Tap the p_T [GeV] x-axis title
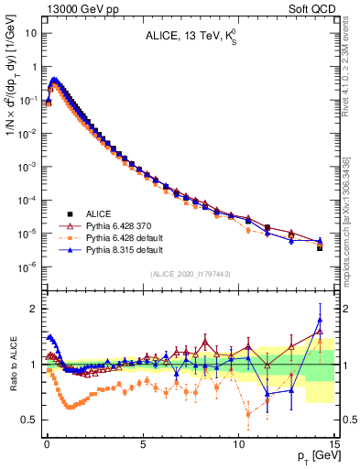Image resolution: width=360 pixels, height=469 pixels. pos(313,456)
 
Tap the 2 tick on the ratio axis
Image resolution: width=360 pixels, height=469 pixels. pos(32,309)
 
